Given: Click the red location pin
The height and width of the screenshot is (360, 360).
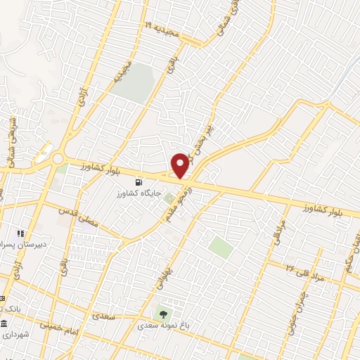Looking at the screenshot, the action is tap(180, 165).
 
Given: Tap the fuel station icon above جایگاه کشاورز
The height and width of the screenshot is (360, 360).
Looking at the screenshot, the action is tap(148, 180).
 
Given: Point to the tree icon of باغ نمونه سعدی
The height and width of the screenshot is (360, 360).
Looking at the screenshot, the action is tap(164, 315).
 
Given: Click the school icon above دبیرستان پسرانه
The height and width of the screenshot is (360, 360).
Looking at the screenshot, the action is tap(21, 233).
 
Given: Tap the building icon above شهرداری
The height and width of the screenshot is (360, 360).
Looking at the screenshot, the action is tap(5, 325).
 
